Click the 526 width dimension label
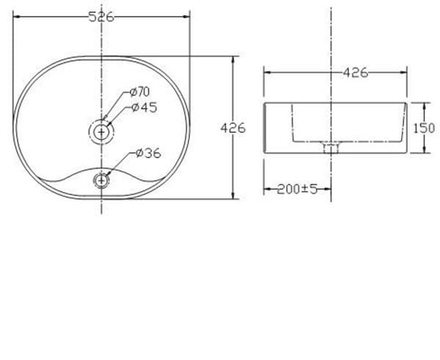pyautogui.click(x=101, y=17)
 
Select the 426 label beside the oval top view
pyautogui.click(x=233, y=128)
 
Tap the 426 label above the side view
pyautogui.click(x=356, y=73)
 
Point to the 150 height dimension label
pyautogui.click(x=425, y=128)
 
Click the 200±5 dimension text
pyautogui.click(x=297, y=189)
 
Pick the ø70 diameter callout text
pyautogui.click(x=139, y=92)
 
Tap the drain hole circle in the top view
pyautogui.click(x=101, y=132)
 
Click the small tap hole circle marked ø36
pyautogui.click(x=101, y=180)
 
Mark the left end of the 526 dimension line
pyautogui.click(x=14, y=18)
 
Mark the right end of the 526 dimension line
pyautogui.click(x=189, y=18)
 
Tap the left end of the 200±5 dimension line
pyautogui.click(x=264, y=189)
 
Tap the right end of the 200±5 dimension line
pyautogui.click(x=331, y=189)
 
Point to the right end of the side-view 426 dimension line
pyautogui.click(x=407, y=73)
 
